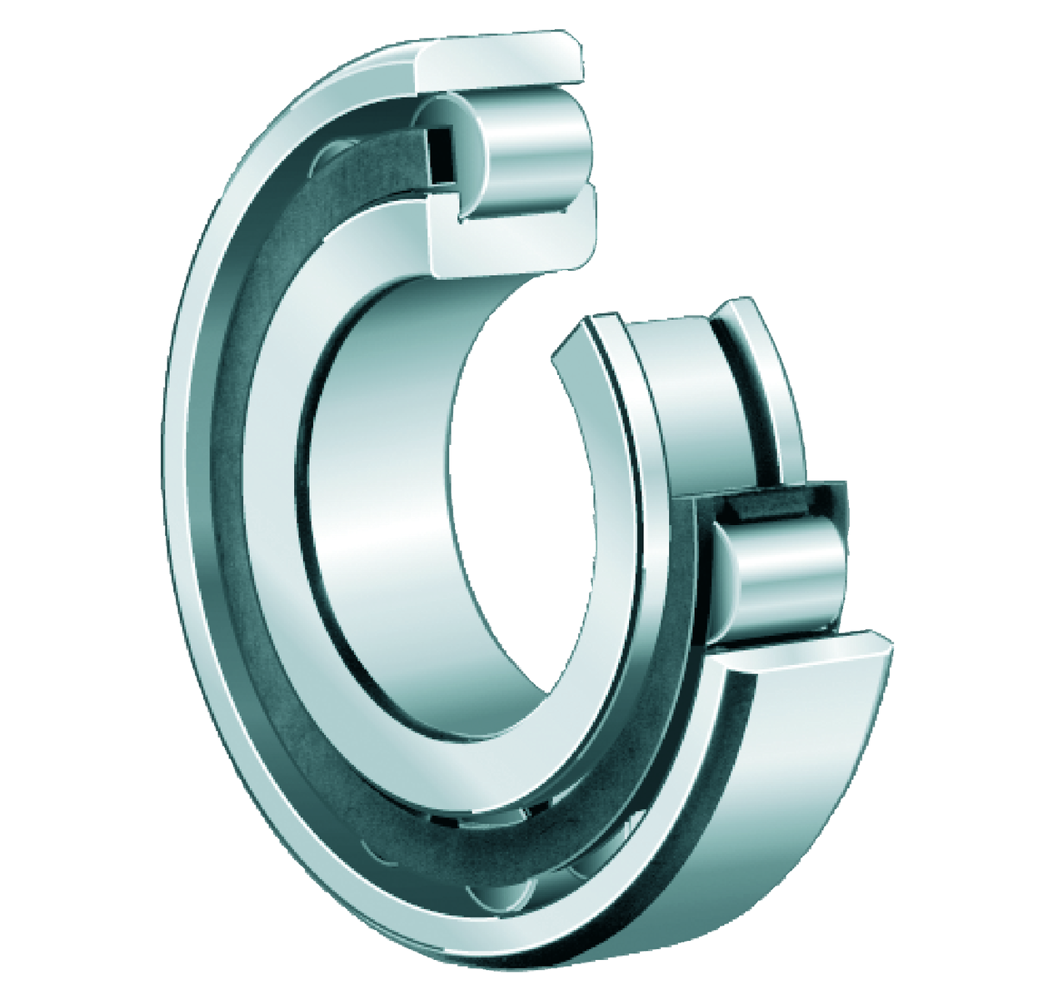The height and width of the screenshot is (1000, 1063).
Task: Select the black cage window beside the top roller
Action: click(439, 154)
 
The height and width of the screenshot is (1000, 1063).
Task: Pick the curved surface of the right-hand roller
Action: click(791, 575)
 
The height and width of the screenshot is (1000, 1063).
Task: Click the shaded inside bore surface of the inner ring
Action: click(375, 517)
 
